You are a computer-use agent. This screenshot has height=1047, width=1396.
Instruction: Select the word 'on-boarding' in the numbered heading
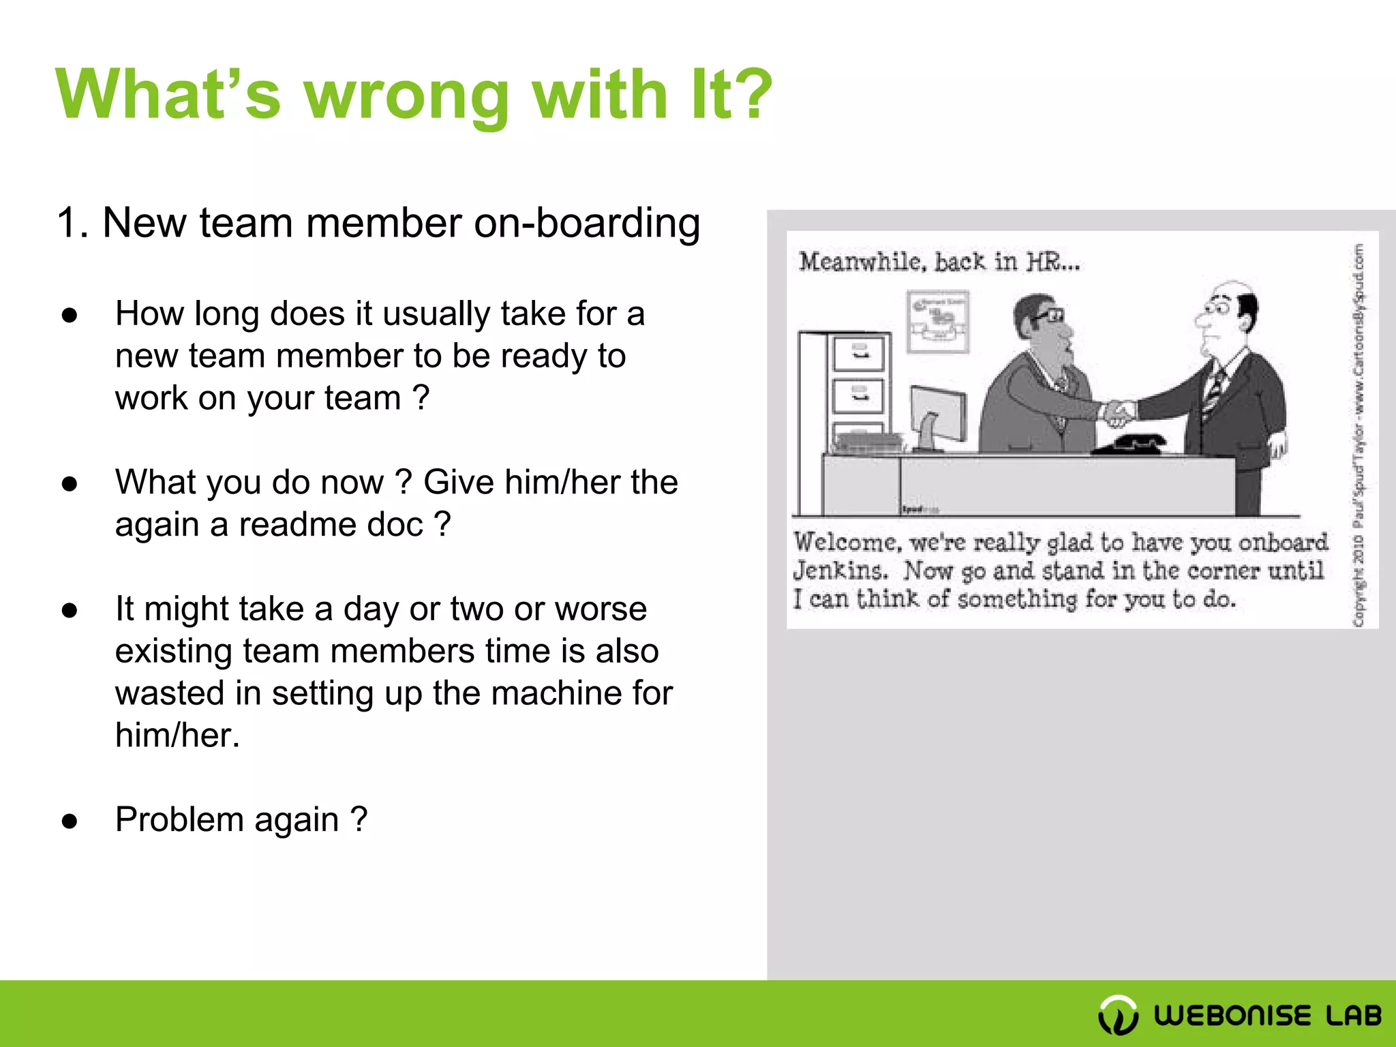pos(587,224)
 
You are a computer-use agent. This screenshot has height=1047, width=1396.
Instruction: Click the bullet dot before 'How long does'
pos(70,315)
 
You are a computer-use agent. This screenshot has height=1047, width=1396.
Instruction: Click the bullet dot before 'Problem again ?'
pos(70,821)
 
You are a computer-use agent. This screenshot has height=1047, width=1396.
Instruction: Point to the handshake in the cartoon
pos(1118,412)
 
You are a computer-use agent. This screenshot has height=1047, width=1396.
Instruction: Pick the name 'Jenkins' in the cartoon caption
pos(840,571)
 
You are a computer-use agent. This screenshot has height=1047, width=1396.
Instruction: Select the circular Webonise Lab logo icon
pos(1118,1015)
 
